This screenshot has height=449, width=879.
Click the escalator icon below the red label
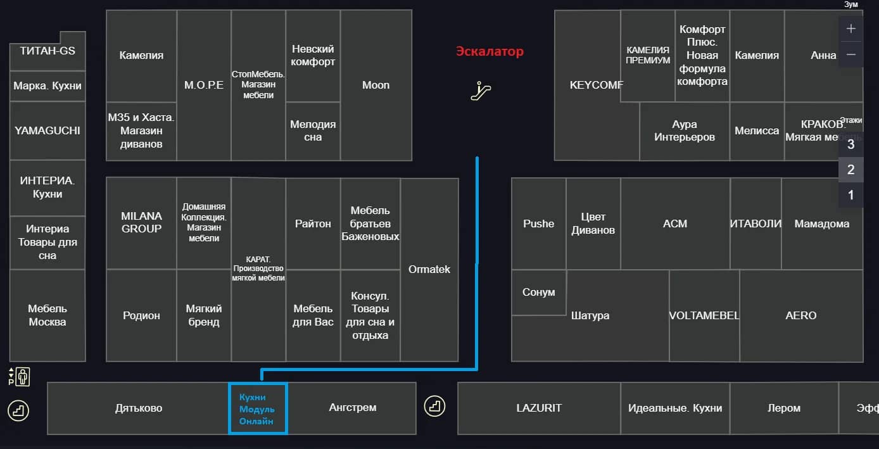tap(481, 91)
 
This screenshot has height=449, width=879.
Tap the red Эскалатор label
tap(490, 52)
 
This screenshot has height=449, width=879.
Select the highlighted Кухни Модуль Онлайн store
tap(258, 408)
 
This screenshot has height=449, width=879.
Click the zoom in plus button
tap(851, 29)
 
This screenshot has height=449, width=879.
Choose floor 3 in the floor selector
tap(851, 144)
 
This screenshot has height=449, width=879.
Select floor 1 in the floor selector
tap(851, 195)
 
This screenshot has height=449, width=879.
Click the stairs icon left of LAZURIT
tap(435, 405)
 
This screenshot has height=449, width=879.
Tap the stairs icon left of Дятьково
tap(18, 410)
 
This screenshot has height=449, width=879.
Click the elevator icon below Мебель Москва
tap(20, 376)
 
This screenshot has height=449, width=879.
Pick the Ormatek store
tap(429, 270)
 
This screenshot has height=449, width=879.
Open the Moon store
tap(376, 85)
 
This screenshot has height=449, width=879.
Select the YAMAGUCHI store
tap(47, 131)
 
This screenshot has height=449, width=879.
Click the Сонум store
tap(538, 293)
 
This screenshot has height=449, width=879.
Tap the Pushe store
tap(538, 224)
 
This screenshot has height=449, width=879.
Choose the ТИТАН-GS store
tap(47, 51)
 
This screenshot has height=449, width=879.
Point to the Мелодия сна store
tap(313, 131)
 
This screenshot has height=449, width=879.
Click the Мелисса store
tap(757, 131)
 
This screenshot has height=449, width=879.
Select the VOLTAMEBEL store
tap(704, 315)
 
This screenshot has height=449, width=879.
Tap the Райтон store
tap(313, 224)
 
